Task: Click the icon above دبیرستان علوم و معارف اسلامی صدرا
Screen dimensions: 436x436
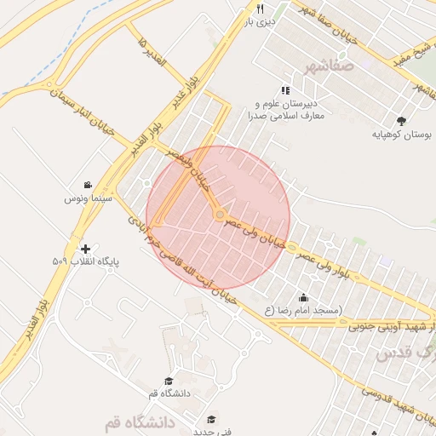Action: [x=285, y=89]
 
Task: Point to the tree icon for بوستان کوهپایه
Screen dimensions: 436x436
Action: [x=401, y=121]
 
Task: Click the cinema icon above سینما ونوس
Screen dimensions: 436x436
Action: [x=88, y=185]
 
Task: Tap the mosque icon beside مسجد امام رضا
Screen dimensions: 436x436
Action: [x=303, y=297]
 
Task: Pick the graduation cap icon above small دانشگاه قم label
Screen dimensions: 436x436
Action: [x=169, y=381]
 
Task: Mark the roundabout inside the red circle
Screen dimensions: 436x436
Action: [x=220, y=214]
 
